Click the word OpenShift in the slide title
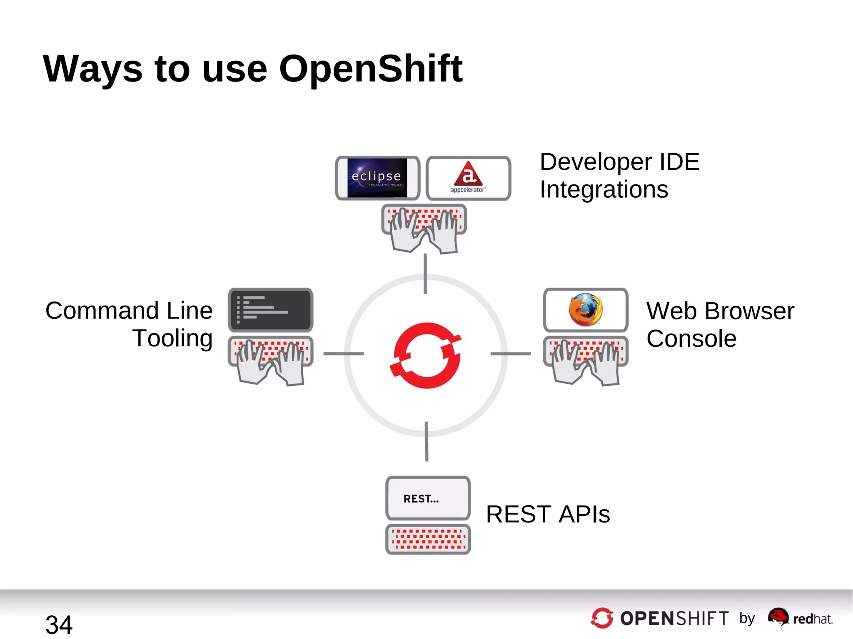(x=370, y=69)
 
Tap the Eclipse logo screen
(x=377, y=178)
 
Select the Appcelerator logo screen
(x=469, y=178)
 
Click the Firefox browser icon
(x=586, y=309)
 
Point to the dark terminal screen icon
(x=270, y=310)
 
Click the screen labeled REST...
(x=428, y=498)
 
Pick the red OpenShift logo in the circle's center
(x=426, y=355)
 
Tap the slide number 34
(x=59, y=624)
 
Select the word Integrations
(x=604, y=190)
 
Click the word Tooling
(x=172, y=338)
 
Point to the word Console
(x=691, y=338)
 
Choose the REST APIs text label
(x=548, y=514)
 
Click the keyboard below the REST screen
(x=428, y=539)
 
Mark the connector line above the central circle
(x=425, y=274)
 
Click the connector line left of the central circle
(x=344, y=354)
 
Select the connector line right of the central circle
(x=511, y=354)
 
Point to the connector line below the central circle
(x=426, y=441)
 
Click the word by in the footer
(x=747, y=618)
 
